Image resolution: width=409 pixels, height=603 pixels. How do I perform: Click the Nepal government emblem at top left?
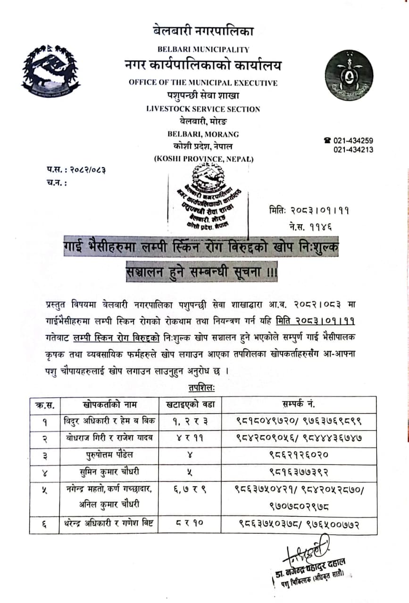click(x=50, y=70)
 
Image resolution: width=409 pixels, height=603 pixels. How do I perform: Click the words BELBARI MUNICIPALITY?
click(x=203, y=49)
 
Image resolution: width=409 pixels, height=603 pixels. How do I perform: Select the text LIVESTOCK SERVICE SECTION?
click(x=203, y=109)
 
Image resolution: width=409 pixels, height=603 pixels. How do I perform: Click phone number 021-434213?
click(x=353, y=149)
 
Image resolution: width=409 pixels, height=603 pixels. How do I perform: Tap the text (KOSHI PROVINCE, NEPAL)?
click(x=203, y=159)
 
